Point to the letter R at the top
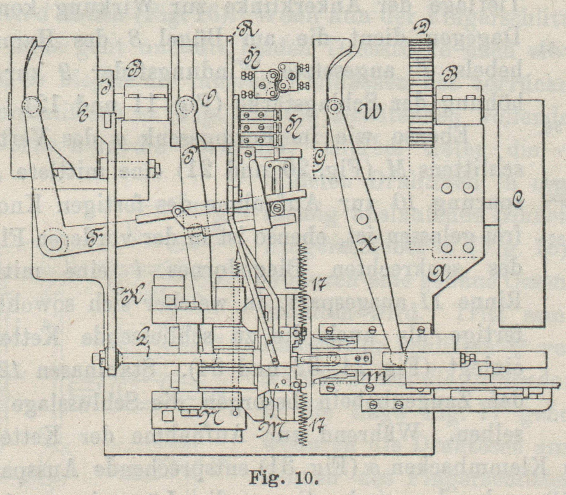[x=244, y=31]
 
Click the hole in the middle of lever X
[x=362, y=219]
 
